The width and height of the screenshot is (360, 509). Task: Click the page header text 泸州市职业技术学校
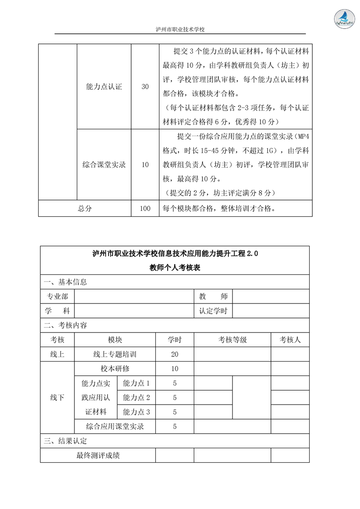coord(180,29)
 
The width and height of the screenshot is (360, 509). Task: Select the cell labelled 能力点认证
coord(104,87)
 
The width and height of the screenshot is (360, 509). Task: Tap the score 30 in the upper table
coord(145,87)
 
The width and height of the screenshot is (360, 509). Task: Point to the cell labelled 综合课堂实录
coord(104,165)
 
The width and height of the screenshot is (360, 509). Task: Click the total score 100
coord(145,209)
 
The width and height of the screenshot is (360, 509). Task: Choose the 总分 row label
coord(84,209)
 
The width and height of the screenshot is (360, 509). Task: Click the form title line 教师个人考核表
coord(175,268)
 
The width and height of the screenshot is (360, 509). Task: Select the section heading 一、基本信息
coord(65,282)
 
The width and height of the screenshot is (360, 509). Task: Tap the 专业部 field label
coord(58,296)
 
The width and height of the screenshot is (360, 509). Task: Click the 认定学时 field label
coord(213,311)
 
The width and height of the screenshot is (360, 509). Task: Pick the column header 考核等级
coord(232,339)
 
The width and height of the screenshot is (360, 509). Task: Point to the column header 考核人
coord(290,339)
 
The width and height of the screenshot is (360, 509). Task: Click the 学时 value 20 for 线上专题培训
coord(175,354)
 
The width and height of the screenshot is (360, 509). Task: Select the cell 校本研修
coord(114,368)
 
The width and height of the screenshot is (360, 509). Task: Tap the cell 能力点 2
coord(136,397)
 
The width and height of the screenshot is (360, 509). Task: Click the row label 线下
coord(57,397)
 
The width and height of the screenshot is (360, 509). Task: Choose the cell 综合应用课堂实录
coord(114,426)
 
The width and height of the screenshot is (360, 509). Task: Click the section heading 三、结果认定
coord(65,440)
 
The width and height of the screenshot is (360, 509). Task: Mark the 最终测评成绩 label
coord(98,455)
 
